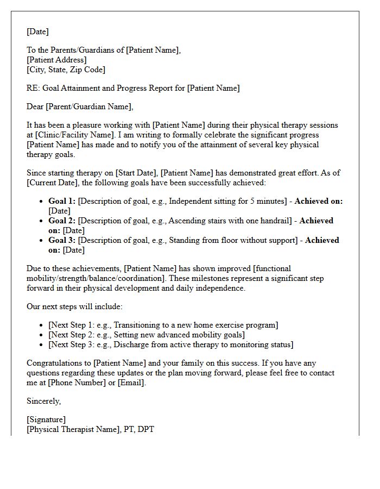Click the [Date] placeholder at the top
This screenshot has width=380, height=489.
pyautogui.click(x=37, y=32)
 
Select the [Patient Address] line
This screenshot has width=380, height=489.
pyautogui.click(x=56, y=60)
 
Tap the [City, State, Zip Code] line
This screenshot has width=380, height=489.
pyautogui.click(x=66, y=70)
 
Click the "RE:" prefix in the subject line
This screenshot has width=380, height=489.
pyautogui.click(x=33, y=88)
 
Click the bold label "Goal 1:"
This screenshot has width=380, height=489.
pyautogui.click(x=62, y=201)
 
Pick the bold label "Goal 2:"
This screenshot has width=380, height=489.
pyautogui.click(x=62, y=221)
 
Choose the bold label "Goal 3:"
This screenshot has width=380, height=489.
pyautogui.click(x=62, y=240)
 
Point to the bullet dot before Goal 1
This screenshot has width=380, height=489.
pyautogui.click(x=42, y=202)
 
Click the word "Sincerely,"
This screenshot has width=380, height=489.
pyautogui.click(x=44, y=401)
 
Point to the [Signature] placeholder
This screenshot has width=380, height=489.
pyautogui.click(x=46, y=419)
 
